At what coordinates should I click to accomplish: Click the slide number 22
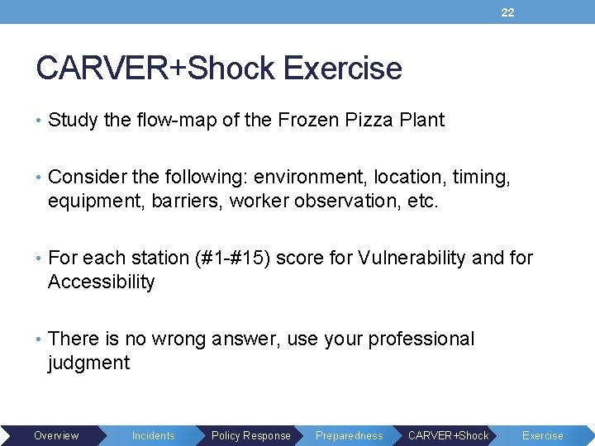tap(507, 12)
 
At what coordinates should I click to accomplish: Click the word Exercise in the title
tap(342, 69)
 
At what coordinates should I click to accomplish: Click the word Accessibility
tap(102, 282)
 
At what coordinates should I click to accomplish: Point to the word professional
tap(421, 339)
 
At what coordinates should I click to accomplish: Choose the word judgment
tap(88, 363)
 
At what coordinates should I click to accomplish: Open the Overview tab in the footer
tap(56, 435)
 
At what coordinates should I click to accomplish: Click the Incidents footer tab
tap(154, 435)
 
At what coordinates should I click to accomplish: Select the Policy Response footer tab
tap(251, 435)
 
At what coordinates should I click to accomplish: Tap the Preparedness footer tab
tap(350, 435)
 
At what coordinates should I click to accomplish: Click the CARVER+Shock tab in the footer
tap(449, 435)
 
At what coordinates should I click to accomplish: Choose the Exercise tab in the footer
tap(542, 435)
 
